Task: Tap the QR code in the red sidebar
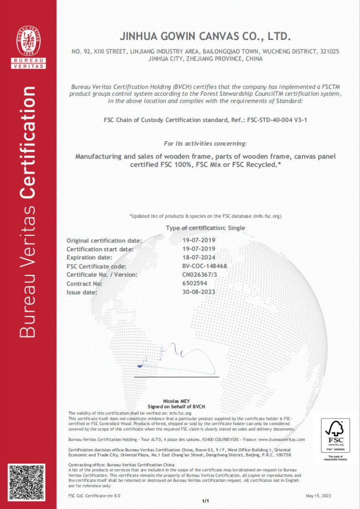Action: pyautogui.click(x=27, y=482)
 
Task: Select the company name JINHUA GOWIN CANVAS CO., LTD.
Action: pyautogui.click(x=206, y=36)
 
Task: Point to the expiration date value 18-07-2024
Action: pyautogui.click(x=198, y=257)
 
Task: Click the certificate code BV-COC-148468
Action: pyautogui.click(x=204, y=266)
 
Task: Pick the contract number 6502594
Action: pyautogui.click(x=195, y=283)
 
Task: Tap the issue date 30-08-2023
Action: pyautogui.click(x=198, y=292)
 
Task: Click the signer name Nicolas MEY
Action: pyautogui.click(x=177, y=402)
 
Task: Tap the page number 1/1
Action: pyautogui.click(x=205, y=501)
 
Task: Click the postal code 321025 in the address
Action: pyautogui.click(x=330, y=51)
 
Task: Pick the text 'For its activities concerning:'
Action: pyautogui.click(x=205, y=143)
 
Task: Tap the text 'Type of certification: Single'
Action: pyautogui.click(x=205, y=228)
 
